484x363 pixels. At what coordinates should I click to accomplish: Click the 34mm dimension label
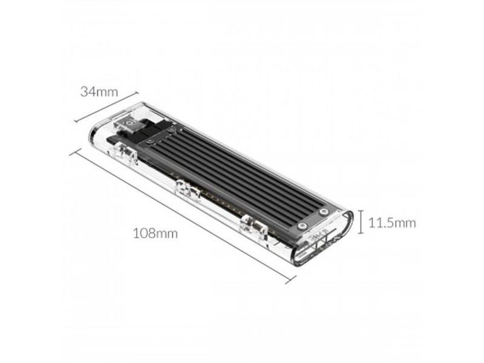point(99,92)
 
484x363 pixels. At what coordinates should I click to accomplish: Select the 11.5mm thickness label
point(393,223)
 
